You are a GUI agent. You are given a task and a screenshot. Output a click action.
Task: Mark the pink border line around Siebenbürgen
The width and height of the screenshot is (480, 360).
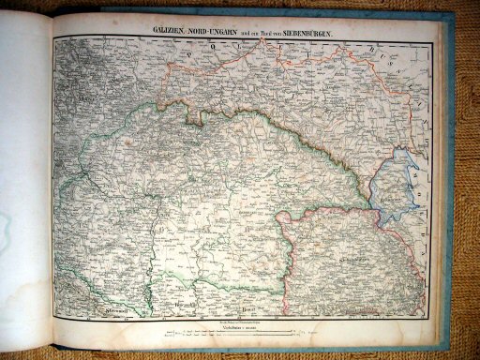(x=281, y=244)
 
